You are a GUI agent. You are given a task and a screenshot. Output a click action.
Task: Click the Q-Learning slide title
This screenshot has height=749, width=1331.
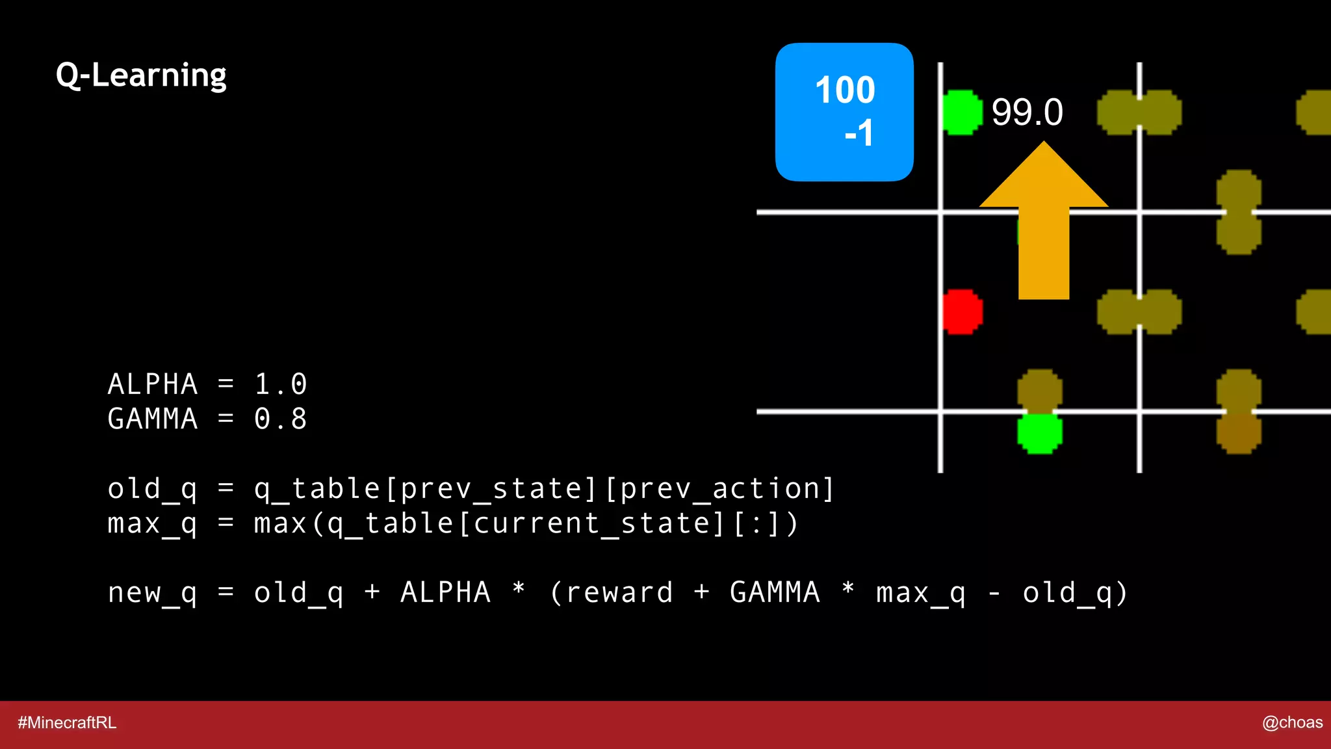click(141, 75)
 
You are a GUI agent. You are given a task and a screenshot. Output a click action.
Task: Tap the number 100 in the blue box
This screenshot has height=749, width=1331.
click(845, 90)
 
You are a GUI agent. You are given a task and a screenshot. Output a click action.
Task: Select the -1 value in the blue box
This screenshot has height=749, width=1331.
click(859, 133)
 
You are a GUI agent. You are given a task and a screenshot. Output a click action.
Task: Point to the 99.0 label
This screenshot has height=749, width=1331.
click(1027, 112)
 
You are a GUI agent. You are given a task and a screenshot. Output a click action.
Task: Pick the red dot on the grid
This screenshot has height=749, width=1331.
click(963, 311)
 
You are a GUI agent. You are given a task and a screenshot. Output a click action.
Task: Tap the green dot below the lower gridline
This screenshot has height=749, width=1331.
click(1039, 434)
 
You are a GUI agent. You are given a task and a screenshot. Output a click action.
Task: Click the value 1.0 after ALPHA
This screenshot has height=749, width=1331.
click(280, 384)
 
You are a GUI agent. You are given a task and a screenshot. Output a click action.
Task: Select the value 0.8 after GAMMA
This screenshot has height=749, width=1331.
click(280, 419)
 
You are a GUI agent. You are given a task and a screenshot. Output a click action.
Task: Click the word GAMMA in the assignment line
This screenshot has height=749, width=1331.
click(152, 419)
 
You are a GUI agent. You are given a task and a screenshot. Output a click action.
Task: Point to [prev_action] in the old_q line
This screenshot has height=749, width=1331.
click(719, 489)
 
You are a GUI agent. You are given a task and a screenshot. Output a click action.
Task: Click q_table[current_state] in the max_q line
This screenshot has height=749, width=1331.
click(525, 523)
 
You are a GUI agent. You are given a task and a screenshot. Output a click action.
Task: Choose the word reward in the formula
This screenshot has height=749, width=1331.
click(619, 593)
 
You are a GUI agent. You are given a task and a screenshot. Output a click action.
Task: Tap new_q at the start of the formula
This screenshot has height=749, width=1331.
click(152, 593)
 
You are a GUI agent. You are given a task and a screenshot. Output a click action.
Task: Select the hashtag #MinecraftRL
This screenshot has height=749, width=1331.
click(67, 722)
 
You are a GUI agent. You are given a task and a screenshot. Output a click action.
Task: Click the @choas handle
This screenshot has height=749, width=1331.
click(1292, 722)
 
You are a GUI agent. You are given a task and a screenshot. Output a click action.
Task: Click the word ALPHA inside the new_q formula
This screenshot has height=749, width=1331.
click(445, 593)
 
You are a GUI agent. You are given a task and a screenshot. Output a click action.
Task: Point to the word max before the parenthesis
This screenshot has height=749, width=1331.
click(280, 523)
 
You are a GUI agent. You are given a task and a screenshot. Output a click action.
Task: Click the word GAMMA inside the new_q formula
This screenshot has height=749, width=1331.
click(775, 593)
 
